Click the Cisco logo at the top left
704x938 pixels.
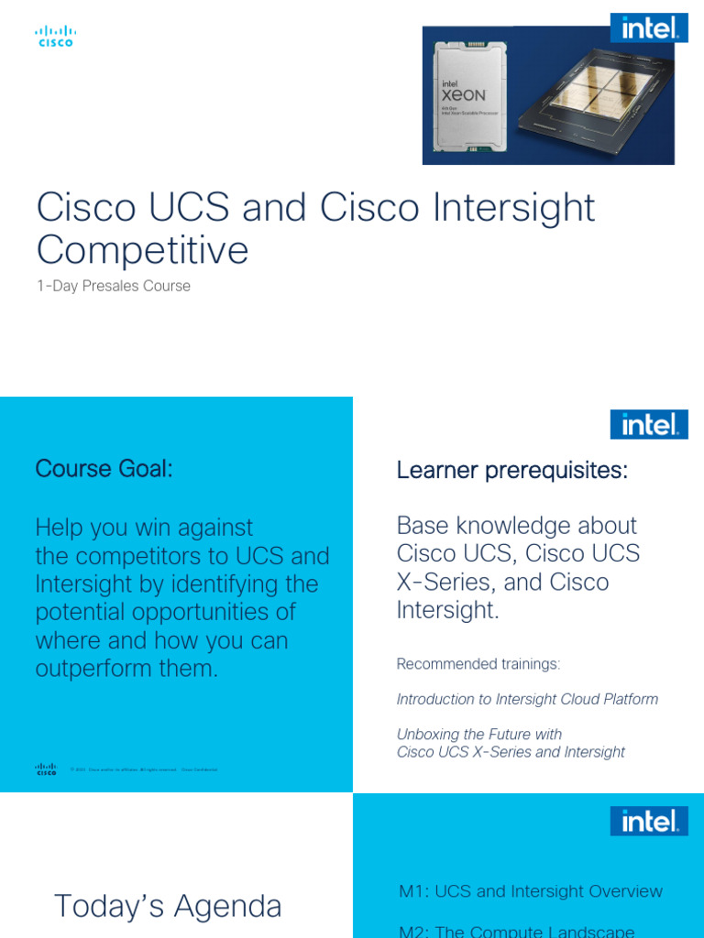(x=55, y=37)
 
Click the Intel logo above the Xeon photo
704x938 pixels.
(x=649, y=27)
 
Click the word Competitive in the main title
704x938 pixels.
(x=142, y=250)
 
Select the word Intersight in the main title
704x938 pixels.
(x=494, y=208)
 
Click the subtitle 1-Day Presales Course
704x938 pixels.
(x=114, y=286)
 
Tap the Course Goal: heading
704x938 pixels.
(x=104, y=469)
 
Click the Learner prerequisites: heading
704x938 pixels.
(x=512, y=471)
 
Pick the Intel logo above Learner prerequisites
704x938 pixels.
(x=649, y=424)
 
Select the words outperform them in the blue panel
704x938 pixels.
(x=126, y=669)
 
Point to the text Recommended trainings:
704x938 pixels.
(x=478, y=663)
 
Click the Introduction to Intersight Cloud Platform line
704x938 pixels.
(x=527, y=699)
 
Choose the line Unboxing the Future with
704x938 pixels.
(x=478, y=734)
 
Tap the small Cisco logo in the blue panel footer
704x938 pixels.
(x=46, y=769)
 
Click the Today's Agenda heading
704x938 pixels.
(x=168, y=906)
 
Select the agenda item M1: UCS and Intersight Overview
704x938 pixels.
(x=531, y=891)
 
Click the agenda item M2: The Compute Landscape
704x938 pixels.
(x=517, y=931)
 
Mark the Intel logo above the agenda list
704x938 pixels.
(x=649, y=821)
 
